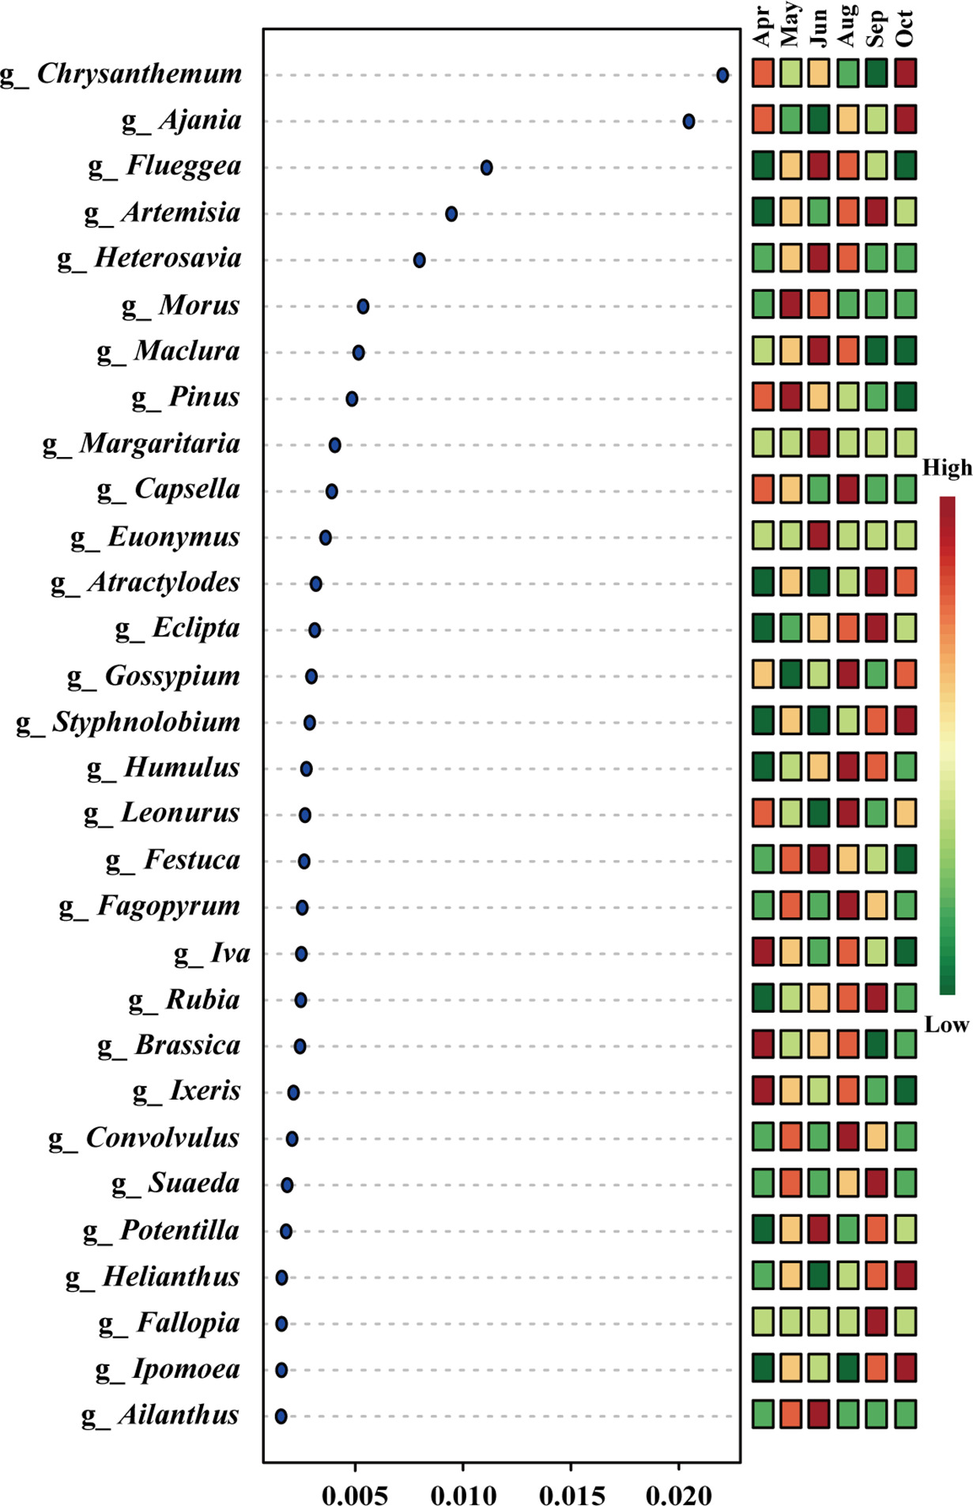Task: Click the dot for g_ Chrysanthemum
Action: click(x=722, y=75)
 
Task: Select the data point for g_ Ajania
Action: click(x=688, y=121)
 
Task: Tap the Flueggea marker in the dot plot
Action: click(x=486, y=168)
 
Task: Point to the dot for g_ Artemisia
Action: click(x=451, y=213)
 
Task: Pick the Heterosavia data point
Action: click(x=419, y=260)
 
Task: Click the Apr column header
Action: click(x=763, y=27)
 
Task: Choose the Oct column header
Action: click(x=905, y=28)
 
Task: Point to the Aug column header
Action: click(x=847, y=25)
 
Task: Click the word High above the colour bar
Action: click(x=947, y=468)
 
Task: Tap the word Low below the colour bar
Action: click(x=946, y=1025)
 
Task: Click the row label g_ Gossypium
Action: click(x=153, y=676)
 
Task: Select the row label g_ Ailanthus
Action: click(x=160, y=1415)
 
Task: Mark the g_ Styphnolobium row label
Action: click(x=128, y=722)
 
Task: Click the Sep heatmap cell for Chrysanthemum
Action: click(x=876, y=73)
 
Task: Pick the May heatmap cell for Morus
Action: click(x=790, y=304)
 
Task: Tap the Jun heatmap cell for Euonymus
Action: click(x=819, y=535)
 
